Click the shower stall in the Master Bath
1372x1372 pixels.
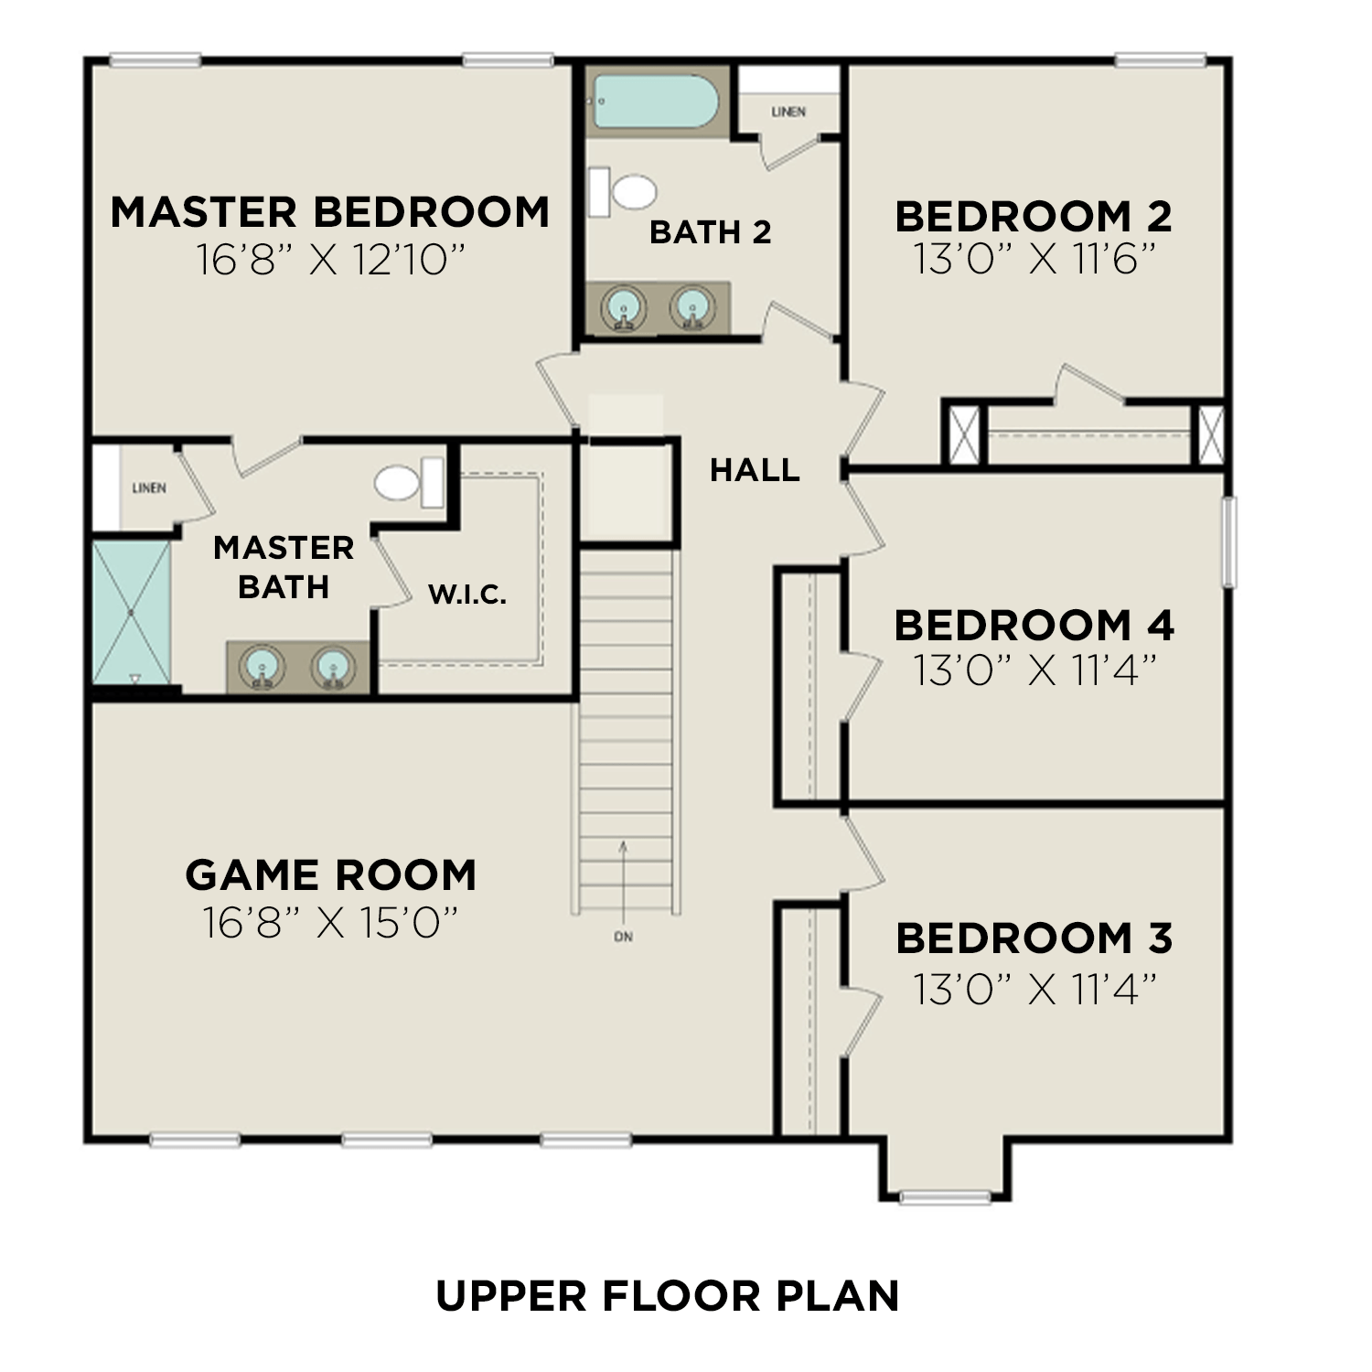tap(132, 611)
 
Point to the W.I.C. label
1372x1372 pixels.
tap(467, 595)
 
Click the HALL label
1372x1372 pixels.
tap(755, 470)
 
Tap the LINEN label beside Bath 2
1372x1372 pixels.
tap(788, 112)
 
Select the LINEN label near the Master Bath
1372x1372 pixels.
tap(149, 488)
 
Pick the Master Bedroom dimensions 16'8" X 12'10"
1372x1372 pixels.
tap(330, 260)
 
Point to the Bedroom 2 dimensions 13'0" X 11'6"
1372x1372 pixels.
tap(1034, 260)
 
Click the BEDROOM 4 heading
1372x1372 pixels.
tap(1034, 626)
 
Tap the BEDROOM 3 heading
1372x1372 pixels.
tap(1034, 938)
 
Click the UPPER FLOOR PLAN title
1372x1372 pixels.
tap(667, 1296)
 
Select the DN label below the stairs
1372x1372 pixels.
tap(624, 937)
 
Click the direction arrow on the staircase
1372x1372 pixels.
tap(624, 878)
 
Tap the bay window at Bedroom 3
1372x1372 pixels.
tap(946, 1196)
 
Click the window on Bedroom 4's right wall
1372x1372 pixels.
tap(1229, 541)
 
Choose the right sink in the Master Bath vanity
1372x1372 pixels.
tap(331, 667)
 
